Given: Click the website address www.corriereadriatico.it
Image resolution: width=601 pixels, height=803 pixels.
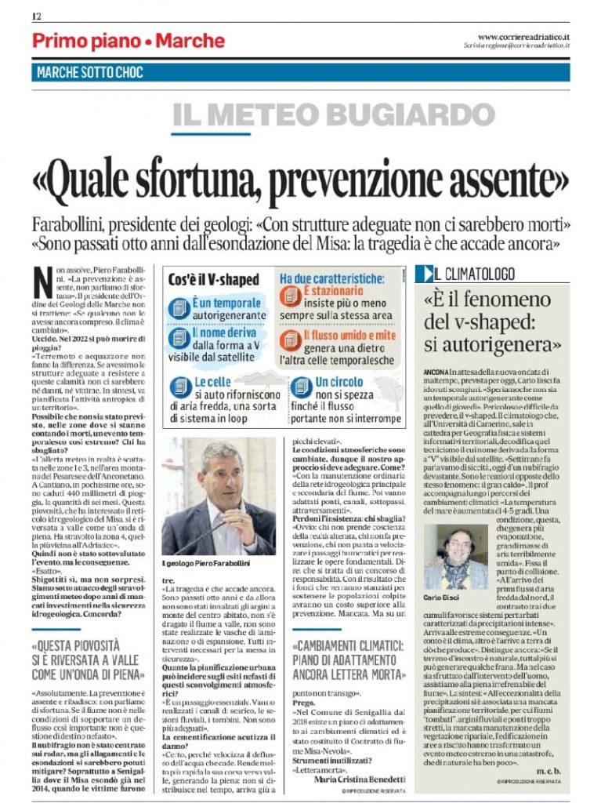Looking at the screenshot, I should coord(523,36).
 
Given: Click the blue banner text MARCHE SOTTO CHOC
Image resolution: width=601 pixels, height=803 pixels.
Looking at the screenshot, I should coord(90,73).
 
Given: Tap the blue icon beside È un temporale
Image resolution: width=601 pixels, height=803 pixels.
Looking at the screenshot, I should coord(180,307).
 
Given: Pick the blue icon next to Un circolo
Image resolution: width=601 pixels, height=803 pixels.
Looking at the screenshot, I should coord(301,386).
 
